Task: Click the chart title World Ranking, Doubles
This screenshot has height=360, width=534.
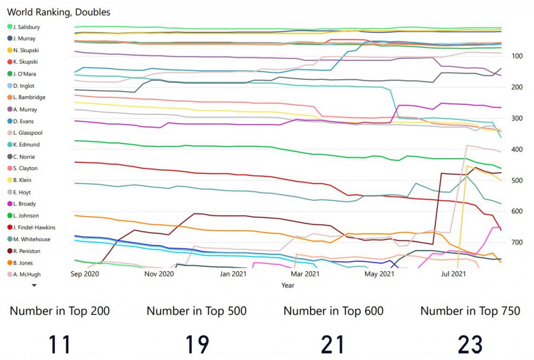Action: (x=58, y=12)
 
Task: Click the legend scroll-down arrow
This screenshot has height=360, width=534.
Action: (x=34, y=285)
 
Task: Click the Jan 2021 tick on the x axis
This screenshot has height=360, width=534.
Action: (x=233, y=273)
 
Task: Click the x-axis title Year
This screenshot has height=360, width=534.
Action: (x=287, y=285)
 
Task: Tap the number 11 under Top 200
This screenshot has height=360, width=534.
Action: (x=59, y=345)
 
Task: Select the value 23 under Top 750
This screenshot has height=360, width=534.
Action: (x=470, y=345)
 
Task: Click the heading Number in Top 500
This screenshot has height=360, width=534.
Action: (x=197, y=311)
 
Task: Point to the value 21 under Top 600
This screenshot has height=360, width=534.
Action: (x=333, y=345)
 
